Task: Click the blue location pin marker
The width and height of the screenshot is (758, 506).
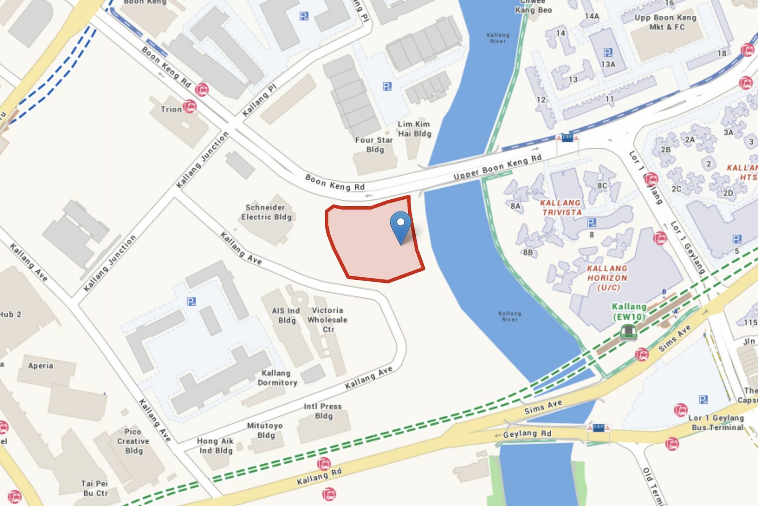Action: click(401, 226)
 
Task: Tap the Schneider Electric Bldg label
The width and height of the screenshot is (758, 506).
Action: click(266, 212)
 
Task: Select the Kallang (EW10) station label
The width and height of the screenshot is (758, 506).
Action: click(629, 312)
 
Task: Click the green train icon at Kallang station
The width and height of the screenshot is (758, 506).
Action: click(628, 332)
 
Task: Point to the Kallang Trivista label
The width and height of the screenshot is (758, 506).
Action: click(561, 208)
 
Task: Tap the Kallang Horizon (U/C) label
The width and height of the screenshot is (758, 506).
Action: click(607, 278)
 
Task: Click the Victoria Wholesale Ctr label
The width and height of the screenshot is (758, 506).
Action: click(327, 320)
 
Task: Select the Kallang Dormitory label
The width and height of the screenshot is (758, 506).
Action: click(277, 378)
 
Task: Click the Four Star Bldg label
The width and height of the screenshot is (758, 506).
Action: click(374, 145)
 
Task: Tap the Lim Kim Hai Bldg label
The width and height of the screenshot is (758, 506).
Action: click(414, 129)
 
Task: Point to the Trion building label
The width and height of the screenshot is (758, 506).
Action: click(171, 109)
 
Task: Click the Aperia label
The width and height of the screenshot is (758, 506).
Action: click(41, 366)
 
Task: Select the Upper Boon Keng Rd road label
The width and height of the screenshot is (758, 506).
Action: click(497, 167)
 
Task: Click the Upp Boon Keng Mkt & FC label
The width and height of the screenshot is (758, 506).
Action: click(666, 22)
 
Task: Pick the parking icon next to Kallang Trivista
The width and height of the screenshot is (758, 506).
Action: click(591, 223)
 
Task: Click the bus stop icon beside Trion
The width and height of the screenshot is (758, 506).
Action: click(190, 106)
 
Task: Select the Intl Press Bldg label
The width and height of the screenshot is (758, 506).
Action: click(323, 411)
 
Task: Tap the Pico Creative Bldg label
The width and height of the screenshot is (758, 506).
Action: click(133, 441)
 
